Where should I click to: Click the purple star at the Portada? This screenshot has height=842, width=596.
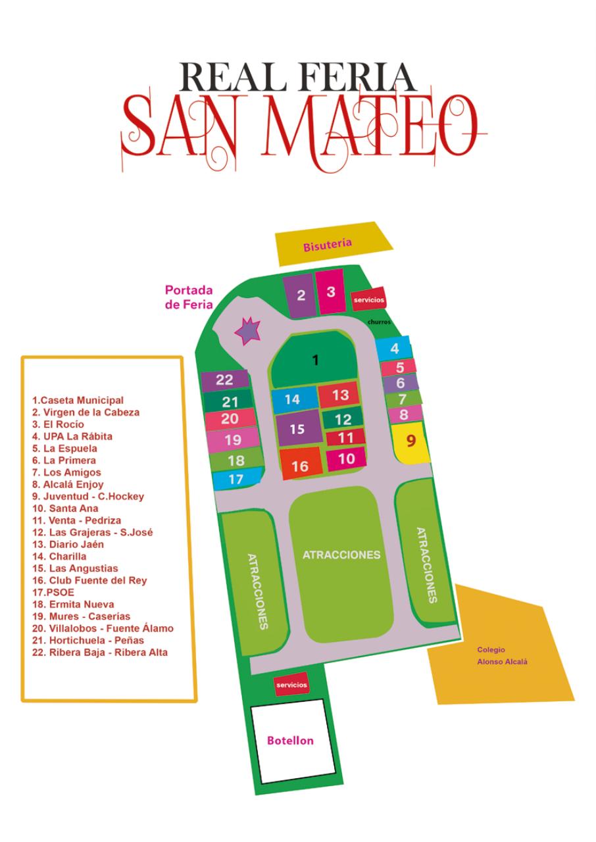coord(249,331)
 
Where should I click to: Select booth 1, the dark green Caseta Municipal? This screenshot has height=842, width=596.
coord(316,360)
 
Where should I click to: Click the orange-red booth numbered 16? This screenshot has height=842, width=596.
coord(300,464)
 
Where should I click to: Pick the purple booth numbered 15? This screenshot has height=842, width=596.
coord(297,429)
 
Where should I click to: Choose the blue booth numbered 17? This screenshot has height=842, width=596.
coord(236,480)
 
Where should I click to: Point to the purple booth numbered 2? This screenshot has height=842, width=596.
coord(301,295)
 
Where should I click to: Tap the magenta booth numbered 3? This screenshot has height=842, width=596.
coord(330,291)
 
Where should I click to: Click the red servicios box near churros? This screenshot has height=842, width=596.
coord(368,299)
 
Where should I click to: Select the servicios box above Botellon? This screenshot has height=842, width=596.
coord(291,685)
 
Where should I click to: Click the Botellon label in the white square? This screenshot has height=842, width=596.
coord(290,741)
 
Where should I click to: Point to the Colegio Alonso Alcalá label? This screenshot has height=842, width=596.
coord(502,656)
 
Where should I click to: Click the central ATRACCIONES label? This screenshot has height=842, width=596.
coord(341,555)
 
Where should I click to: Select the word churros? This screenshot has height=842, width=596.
coord(380,322)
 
